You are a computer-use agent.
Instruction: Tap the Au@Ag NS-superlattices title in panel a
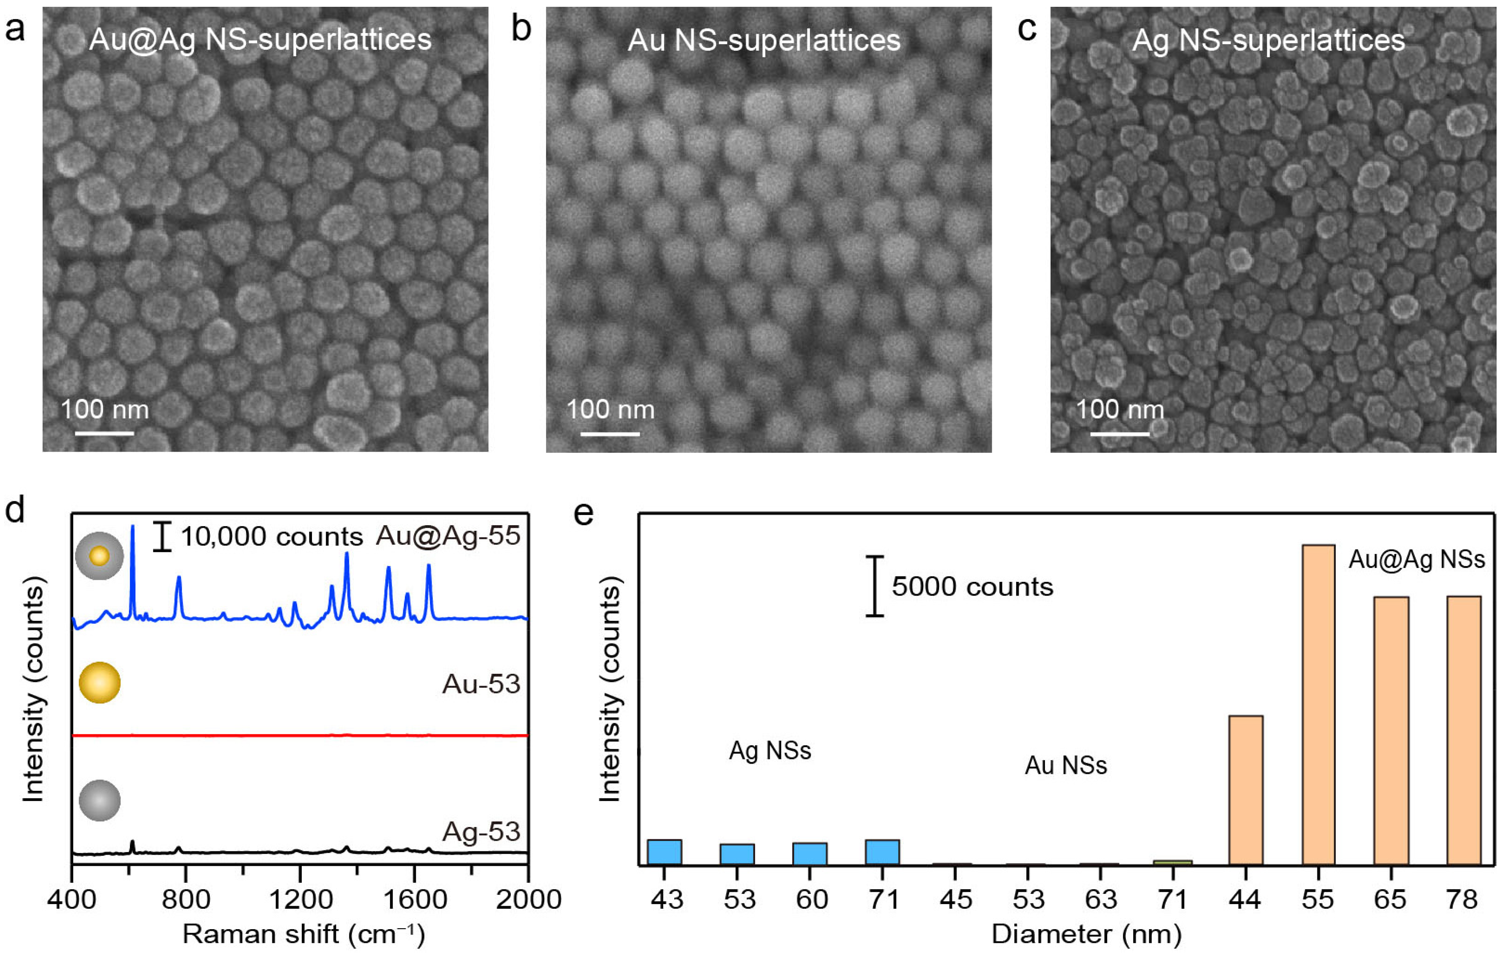tap(260, 40)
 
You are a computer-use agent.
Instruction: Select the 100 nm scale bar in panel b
tap(610, 433)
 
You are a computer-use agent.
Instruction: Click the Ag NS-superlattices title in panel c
tap(1268, 40)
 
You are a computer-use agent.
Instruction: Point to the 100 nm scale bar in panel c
tap(1120, 433)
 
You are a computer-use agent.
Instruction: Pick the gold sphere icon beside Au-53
tap(99, 683)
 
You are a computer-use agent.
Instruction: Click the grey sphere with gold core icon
tap(99, 555)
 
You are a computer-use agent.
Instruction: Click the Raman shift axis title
tap(303, 934)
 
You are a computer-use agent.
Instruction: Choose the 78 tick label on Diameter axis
tap(1463, 899)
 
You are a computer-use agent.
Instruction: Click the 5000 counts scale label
tap(972, 587)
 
